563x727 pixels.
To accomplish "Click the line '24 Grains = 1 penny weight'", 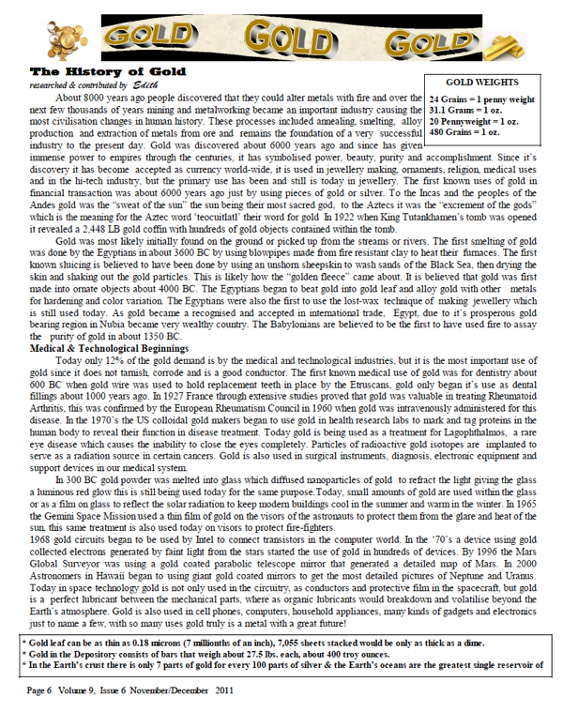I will click(x=480, y=98).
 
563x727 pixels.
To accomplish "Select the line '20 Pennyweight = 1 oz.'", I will click(x=473, y=121).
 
